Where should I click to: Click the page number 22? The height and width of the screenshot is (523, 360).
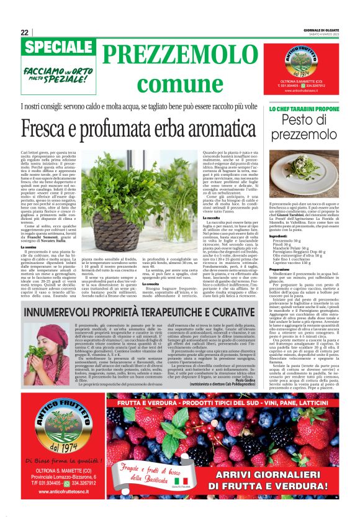(x=24, y=33)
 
